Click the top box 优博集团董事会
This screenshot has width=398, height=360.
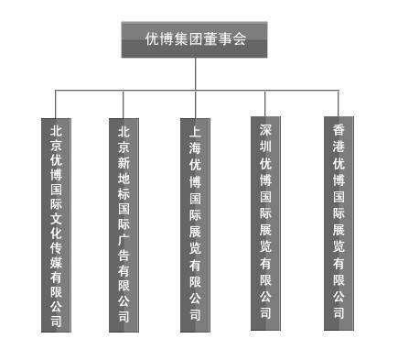point(195,39)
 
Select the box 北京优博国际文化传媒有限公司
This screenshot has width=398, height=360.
point(56,224)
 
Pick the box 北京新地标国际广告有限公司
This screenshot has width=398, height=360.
point(124,224)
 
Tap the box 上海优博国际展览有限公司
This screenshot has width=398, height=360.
point(195,224)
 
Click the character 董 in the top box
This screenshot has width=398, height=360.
point(210,39)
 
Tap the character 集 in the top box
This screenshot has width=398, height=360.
point(180,39)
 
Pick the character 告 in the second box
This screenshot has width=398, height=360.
point(124,254)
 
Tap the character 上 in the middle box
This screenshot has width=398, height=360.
point(195,132)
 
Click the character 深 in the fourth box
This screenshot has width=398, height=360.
point(265,131)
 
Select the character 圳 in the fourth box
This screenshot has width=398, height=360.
point(265,147)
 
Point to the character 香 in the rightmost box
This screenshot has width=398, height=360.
point(339,131)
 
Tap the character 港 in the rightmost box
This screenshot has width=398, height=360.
point(339,147)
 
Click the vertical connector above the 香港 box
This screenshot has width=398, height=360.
point(339,103)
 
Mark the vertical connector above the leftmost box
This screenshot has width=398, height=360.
point(56,103)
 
